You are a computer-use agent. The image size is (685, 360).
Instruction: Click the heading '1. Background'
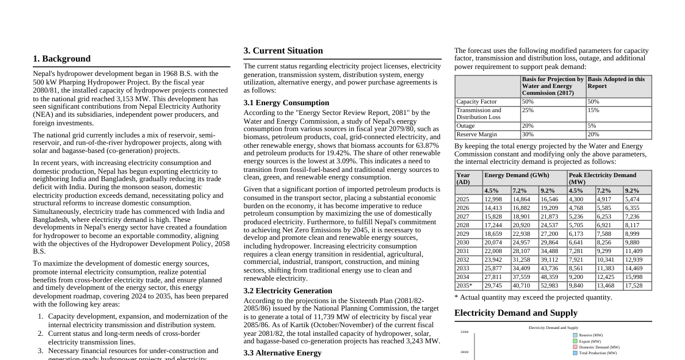point(62,59)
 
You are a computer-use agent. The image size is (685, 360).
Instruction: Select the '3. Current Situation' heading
point(283,51)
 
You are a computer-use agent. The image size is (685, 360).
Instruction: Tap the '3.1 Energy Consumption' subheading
point(286,103)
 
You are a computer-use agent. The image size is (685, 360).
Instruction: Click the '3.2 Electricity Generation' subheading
point(288,291)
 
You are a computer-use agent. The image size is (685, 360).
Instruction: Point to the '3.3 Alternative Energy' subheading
point(282,353)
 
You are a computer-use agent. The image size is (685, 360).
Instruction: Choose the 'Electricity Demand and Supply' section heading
point(516,313)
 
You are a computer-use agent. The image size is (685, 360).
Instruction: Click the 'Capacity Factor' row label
point(476,102)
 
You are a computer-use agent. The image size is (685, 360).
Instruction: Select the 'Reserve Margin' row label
point(476,135)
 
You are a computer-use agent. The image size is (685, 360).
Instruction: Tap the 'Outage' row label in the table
point(465,126)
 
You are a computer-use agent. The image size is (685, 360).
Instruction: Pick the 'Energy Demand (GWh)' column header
point(516,175)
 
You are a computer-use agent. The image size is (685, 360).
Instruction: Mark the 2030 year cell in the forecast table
point(462,243)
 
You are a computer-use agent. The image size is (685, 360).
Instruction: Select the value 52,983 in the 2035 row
point(549,286)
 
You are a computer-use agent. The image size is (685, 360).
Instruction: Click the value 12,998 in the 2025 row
point(493,200)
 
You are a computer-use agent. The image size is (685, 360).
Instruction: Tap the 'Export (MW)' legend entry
point(590,342)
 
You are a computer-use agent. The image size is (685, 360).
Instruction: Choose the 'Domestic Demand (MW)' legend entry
point(599,347)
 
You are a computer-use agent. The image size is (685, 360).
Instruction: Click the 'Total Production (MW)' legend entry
point(598,353)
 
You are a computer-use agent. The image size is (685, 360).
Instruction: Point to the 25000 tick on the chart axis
point(464,332)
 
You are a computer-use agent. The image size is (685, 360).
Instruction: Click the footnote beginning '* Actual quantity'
point(533,297)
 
